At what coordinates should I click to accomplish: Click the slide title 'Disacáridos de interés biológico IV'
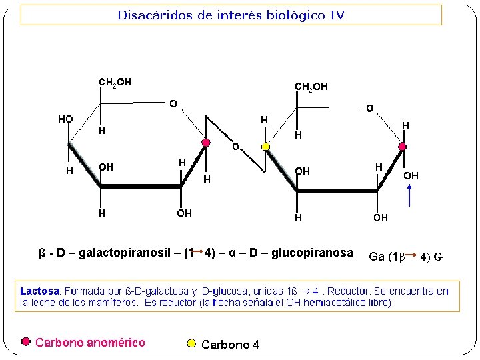[x=231, y=15]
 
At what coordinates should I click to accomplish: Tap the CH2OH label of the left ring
[x=115, y=82]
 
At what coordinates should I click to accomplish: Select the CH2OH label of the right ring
[x=311, y=87]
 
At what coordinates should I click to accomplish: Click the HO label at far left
[x=65, y=119]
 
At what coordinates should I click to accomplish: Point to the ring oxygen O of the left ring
[x=173, y=104]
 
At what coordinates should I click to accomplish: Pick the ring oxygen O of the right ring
[x=369, y=107]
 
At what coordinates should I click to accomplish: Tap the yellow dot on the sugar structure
[x=265, y=146]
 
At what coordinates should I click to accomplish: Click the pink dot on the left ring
[x=206, y=143]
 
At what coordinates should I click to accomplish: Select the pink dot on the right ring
[x=403, y=145]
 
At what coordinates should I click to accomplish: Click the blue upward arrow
[x=411, y=197]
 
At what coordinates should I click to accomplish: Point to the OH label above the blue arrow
[x=411, y=176]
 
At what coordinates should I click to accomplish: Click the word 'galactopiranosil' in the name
[x=132, y=253]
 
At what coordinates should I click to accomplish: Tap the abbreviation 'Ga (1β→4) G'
[x=405, y=257]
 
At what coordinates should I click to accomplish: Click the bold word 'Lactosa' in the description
[x=39, y=291]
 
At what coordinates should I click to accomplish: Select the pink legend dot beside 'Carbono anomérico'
[x=26, y=341]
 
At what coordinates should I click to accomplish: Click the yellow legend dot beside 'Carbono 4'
[x=191, y=343]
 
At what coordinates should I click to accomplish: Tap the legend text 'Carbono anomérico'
[x=90, y=343]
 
